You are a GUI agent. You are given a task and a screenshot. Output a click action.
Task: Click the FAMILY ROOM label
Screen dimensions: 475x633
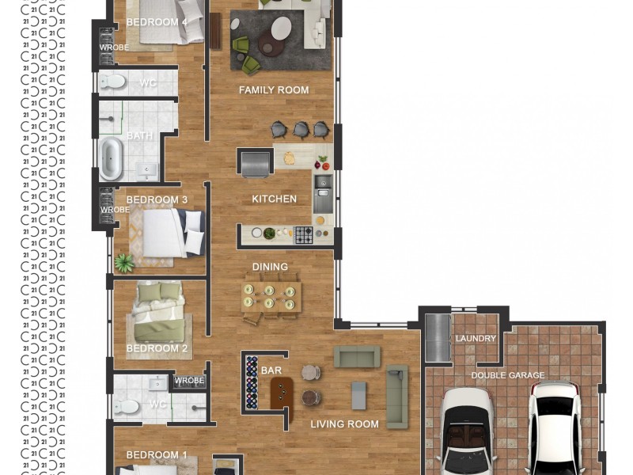click(x=274, y=90)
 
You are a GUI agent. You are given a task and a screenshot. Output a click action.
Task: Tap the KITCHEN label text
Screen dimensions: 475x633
click(x=274, y=199)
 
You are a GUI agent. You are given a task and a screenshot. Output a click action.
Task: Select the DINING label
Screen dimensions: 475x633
click(x=270, y=267)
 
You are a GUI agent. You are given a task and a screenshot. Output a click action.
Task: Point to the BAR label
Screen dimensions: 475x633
click(x=271, y=370)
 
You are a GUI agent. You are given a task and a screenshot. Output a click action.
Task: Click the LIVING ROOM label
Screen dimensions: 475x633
click(x=344, y=424)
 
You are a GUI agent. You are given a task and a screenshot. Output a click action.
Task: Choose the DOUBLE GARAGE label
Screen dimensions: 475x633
click(x=508, y=375)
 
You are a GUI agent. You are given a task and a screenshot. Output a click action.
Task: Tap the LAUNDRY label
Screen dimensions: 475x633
click(x=476, y=339)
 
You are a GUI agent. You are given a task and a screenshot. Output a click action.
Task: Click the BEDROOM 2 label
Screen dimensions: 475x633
click(x=157, y=348)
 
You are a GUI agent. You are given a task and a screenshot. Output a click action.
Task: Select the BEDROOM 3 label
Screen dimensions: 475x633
click(x=157, y=200)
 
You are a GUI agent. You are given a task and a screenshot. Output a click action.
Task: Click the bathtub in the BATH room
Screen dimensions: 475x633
click(x=110, y=158)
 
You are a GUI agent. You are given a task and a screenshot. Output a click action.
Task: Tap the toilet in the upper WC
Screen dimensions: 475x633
click(x=113, y=82)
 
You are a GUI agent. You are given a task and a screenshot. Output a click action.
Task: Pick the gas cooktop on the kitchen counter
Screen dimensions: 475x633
click(x=304, y=234)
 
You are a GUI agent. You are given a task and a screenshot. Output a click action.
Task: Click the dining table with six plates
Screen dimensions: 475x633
click(x=270, y=296)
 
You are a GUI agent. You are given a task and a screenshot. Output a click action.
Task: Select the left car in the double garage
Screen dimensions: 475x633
click(x=466, y=431)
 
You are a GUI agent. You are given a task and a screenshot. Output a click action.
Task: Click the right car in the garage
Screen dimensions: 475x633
click(x=555, y=427)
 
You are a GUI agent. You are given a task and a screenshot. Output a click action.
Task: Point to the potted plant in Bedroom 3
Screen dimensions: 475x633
click(x=123, y=262)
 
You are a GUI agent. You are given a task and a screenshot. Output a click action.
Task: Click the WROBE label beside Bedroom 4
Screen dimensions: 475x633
click(x=114, y=47)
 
